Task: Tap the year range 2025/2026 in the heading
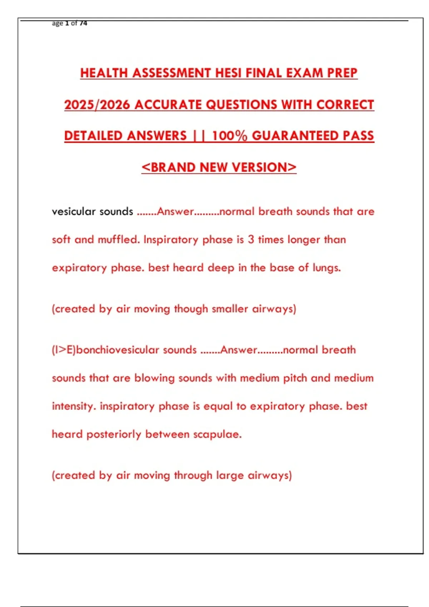point(97,105)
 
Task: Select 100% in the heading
point(230,136)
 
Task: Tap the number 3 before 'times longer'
point(251,240)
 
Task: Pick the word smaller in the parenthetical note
point(230,309)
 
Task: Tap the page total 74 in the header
point(83,23)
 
